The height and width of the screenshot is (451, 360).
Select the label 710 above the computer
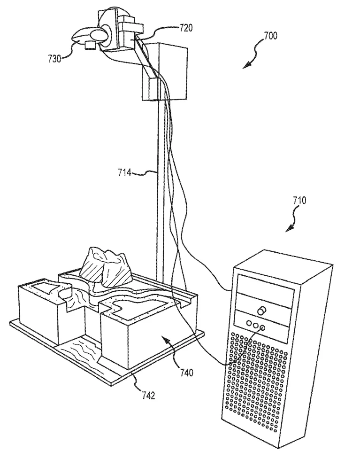click(299, 201)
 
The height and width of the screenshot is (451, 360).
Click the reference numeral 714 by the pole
click(124, 173)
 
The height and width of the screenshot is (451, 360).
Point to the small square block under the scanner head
click(89, 45)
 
